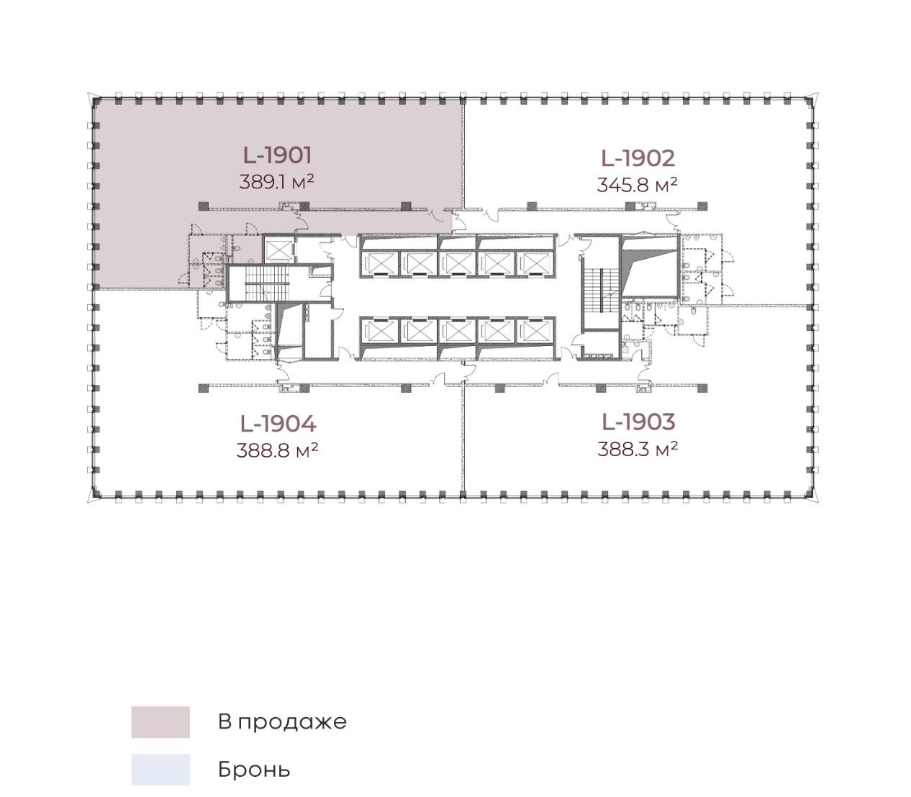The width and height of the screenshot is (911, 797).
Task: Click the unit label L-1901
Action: (x=277, y=155)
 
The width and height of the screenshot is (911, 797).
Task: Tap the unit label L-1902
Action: (x=638, y=158)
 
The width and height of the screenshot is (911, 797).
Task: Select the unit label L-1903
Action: (x=638, y=422)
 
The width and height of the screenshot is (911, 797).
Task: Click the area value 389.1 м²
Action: (x=276, y=181)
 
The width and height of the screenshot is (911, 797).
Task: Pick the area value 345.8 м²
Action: (x=637, y=184)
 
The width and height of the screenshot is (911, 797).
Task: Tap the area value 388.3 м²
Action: (x=638, y=449)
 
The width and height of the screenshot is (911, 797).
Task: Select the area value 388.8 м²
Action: (x=277, y=450)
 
